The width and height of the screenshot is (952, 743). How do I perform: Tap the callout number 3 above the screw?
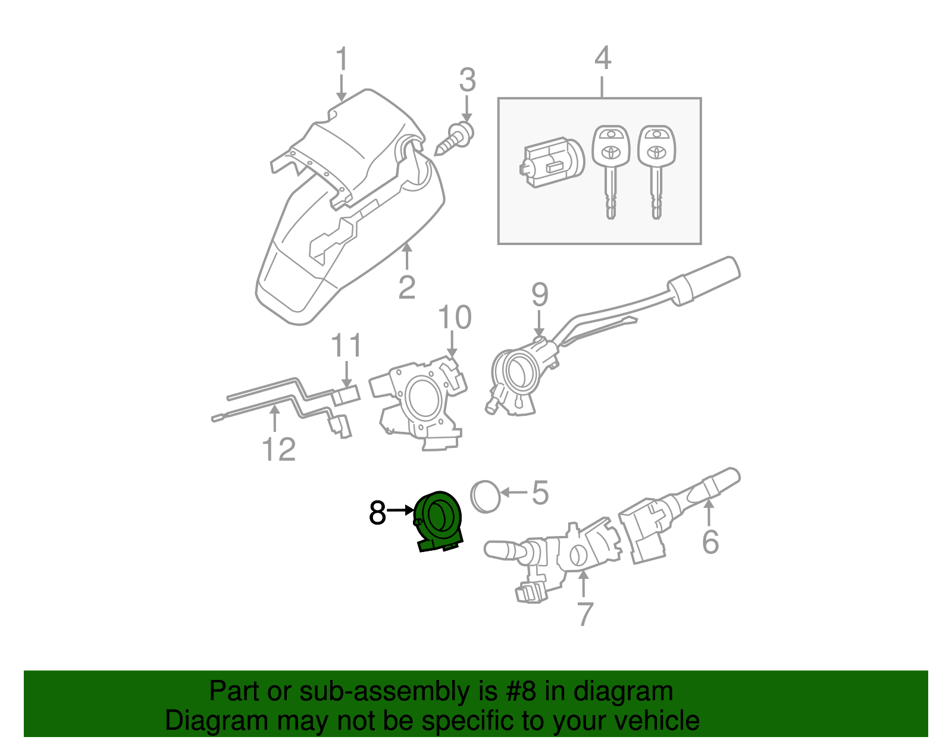467,80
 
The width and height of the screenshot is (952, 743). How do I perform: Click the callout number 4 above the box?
602,58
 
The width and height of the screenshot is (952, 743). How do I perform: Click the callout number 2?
407,288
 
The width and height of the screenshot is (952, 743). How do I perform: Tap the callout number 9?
539,294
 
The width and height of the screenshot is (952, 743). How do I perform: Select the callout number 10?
455,318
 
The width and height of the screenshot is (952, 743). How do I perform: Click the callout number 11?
346,346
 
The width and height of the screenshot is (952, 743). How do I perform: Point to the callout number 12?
278,450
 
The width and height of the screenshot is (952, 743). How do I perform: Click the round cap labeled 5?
486,496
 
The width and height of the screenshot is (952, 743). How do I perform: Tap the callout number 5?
540,493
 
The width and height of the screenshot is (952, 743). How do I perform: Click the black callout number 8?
377,513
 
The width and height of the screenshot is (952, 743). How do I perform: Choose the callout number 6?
710,542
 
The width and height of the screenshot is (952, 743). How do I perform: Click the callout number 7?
585,615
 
